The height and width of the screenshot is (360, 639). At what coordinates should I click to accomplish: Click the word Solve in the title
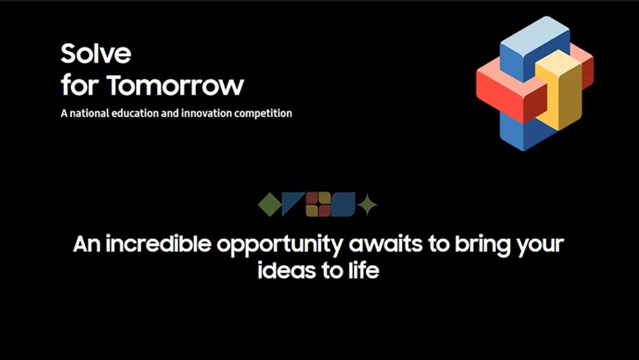(x=96, y=54)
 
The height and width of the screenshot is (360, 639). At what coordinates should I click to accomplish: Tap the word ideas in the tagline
(x=284, y=270)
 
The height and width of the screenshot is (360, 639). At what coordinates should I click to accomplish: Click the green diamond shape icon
(x=269, y=205)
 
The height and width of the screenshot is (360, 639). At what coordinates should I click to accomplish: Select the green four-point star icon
(x=369, y=205)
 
